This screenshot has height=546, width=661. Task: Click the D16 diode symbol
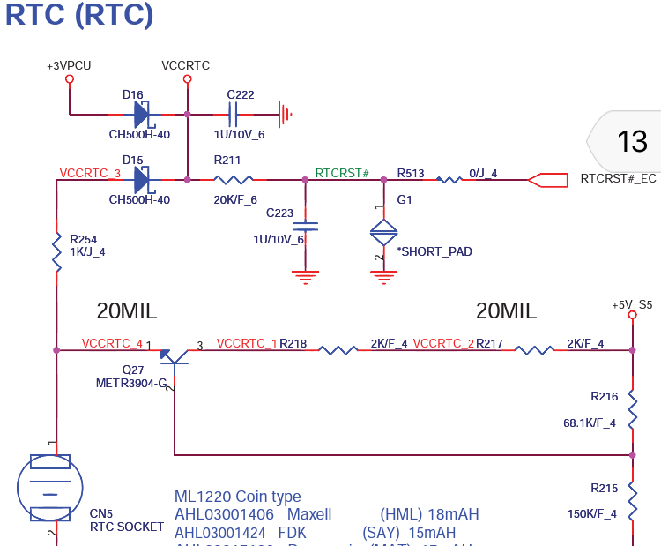pos(142,114)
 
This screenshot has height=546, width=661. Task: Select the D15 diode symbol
pos(142,179)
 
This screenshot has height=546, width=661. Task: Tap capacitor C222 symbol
pos(233,114)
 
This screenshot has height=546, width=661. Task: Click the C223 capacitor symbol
pos(305,226)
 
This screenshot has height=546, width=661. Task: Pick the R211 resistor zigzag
pos(240,179)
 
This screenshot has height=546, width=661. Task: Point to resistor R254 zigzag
pos(56,245)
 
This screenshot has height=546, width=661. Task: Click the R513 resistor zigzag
pos(449,179)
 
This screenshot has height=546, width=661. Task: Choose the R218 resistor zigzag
pos(338,350)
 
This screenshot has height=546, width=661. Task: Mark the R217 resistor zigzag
pos(534,350)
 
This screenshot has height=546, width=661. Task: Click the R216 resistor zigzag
pos(632,405)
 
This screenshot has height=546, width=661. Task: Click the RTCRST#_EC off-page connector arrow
pos(546,179)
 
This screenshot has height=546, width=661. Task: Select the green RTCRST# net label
pos(342,173)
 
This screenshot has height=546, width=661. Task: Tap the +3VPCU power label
pos(69,66)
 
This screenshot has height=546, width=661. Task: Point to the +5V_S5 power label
pos(632,305)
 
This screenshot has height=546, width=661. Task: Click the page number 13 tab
pos(632,141)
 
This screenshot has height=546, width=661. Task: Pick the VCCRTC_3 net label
pos(90,173)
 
